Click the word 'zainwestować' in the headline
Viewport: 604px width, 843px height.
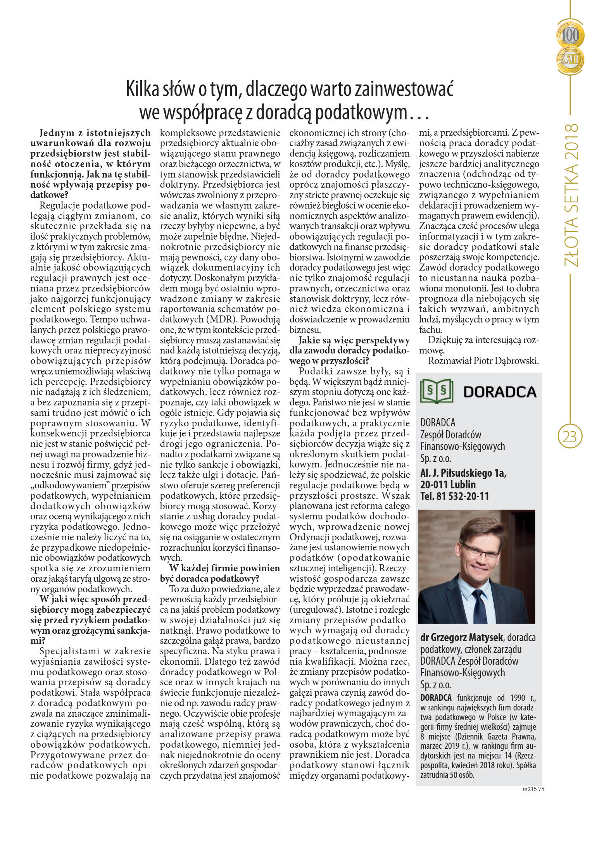click(x=404, y=90)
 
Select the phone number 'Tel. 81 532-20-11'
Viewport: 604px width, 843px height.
click(x=454, y=496)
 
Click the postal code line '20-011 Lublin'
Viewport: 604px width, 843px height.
click(x=448, y=484)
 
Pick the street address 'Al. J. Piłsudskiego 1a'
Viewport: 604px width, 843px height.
click(x=463, y=473)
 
